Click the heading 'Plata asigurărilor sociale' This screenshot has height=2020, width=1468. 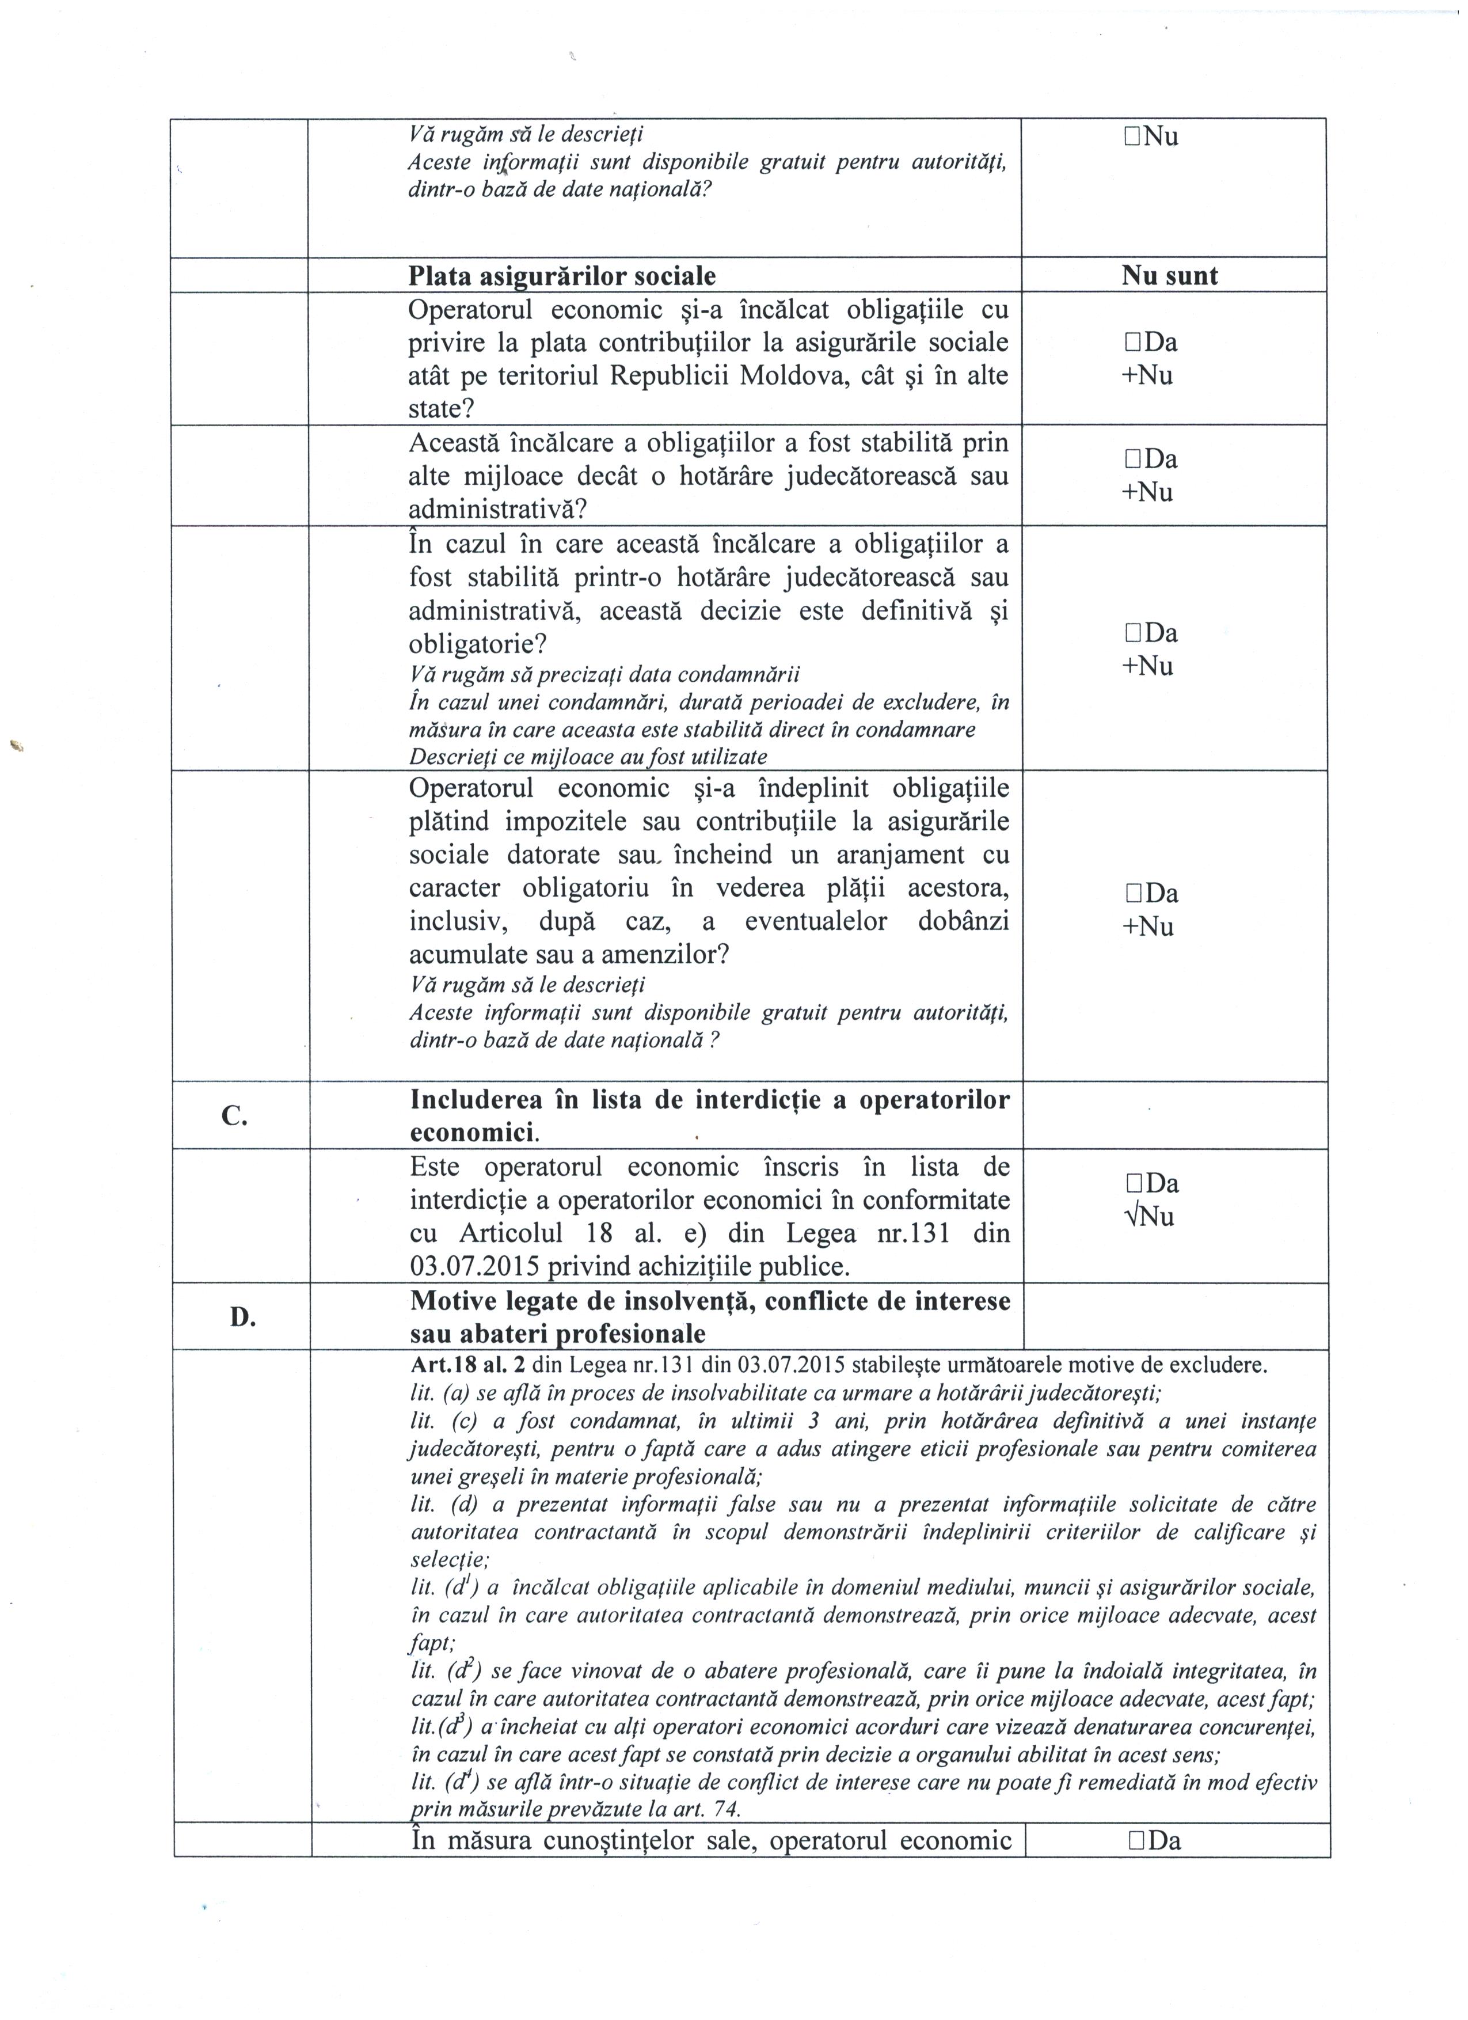click(562, 276)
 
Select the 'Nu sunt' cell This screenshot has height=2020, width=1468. click(1169, 275)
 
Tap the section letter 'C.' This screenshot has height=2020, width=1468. click(235, 1116)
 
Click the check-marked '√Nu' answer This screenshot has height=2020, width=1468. click(1150, 1217)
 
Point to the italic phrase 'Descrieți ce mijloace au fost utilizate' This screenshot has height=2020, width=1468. click(588, 757)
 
